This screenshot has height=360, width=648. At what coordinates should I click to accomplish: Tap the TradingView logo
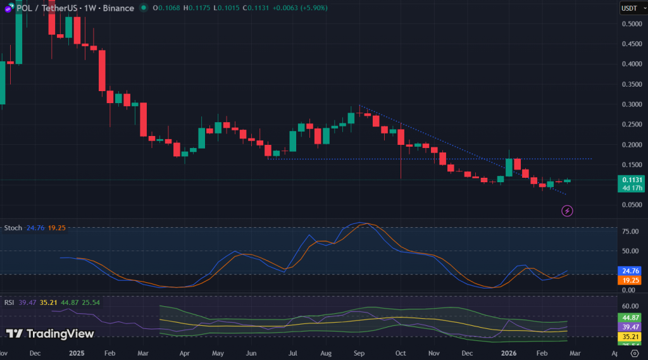point(50,333)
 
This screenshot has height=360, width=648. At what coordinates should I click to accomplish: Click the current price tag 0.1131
point(632,180)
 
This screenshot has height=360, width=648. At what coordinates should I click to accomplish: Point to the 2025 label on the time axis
point(76,353)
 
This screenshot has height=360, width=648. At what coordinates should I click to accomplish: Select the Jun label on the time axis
point(251,353)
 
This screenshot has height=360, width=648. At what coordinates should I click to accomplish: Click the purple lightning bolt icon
point(568,211)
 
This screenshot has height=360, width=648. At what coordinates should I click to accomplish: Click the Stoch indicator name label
point(14,227)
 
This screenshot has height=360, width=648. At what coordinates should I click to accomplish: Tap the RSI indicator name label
point(9,302)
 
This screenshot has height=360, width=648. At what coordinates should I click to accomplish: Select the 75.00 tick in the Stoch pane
point(630,232)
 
